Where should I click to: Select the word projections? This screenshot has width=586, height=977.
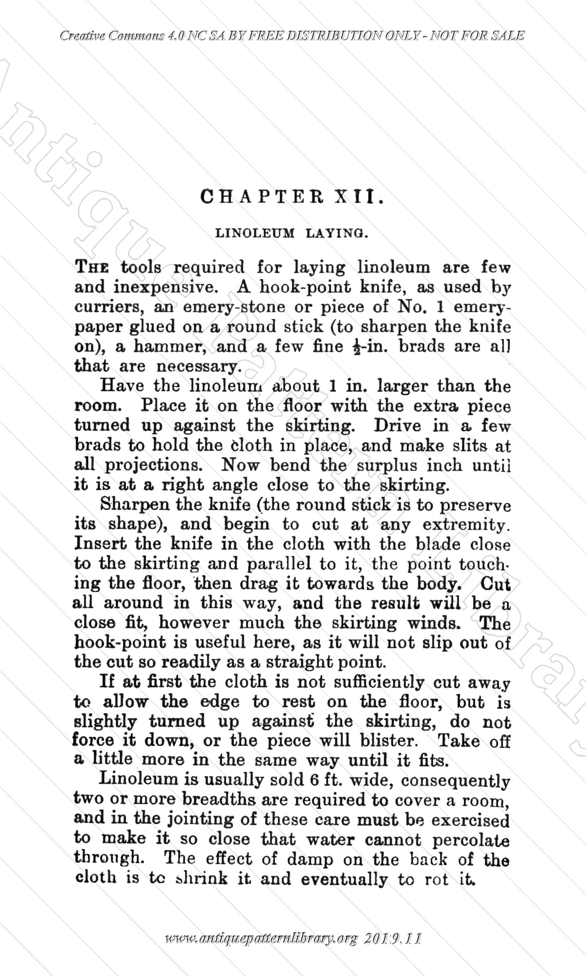pos(153,465)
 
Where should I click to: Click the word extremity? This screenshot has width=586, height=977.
pos(466,525)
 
